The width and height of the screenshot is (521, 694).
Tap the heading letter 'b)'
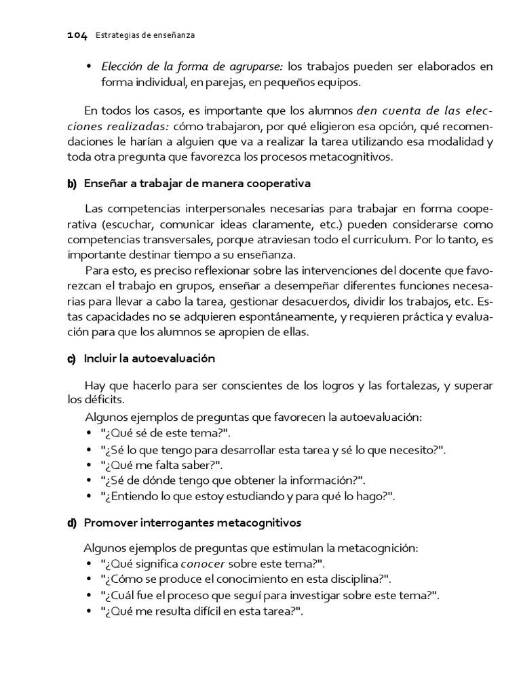(x=72, y=184)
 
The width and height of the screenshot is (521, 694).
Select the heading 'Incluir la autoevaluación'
(x=149, y=359)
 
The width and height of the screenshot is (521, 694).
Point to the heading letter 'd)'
(x=72, y=523)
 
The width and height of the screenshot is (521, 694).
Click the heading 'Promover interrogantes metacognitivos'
(x=193, y=523)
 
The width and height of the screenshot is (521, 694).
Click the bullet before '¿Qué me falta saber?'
(x=90, y=465)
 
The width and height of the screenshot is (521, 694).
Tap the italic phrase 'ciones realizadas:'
(x=118, y=127)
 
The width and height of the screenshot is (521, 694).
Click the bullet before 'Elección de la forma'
(x=90, y=66)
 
